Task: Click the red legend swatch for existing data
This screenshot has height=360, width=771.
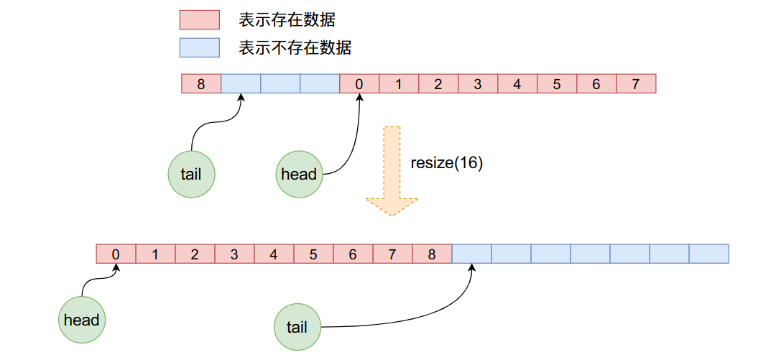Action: (x=199, y=19)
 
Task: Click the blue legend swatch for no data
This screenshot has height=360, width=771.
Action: (x=199, y=47)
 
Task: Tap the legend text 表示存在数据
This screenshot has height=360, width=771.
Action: (x=287, y=20)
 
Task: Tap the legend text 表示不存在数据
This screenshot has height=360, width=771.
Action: (x=295, y=48)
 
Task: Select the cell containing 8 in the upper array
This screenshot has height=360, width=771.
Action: (x=201, y=84)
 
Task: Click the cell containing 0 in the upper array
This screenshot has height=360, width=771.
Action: (x=359, y=84)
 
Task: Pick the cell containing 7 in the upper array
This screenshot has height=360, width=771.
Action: (x=636, y=84)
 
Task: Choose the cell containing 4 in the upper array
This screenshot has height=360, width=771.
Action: (x=517, y=84)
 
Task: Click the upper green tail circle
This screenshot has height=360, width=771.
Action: (x=192, y=174)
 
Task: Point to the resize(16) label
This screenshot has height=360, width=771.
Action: (x=446, y=162)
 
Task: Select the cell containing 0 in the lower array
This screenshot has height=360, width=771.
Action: (x=116, y=254)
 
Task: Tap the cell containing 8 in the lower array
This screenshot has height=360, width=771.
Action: (x=432, y=254)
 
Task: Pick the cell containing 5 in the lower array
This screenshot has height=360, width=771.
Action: (x=313, y=254)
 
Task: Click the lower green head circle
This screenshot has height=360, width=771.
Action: (x=81, y=320)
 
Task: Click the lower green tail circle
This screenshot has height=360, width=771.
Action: (x=297, y=328)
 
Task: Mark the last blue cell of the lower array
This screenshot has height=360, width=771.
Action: (x=708, y=254)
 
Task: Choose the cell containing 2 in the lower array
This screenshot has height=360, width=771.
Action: (x=195, y=254)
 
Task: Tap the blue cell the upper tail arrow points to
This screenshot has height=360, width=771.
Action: (x=241, y=84)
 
